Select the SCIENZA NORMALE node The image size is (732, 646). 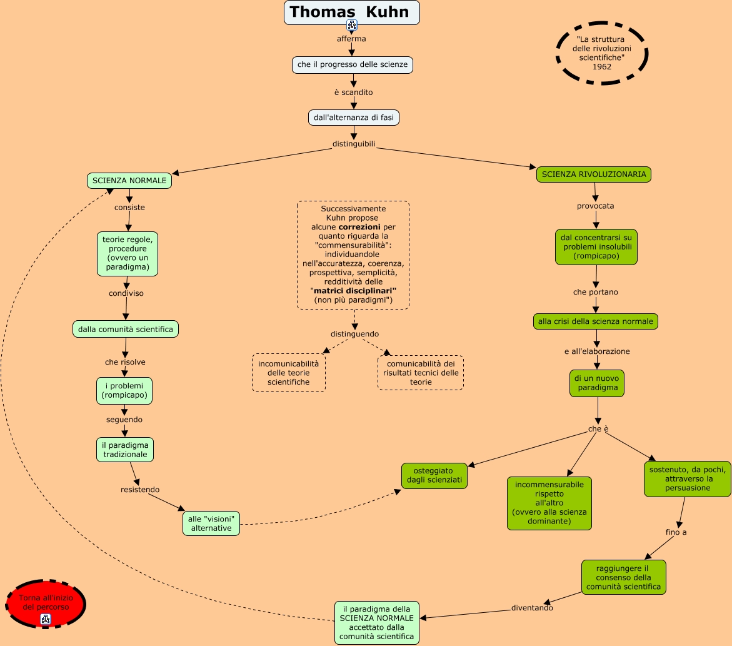tap(129, 181)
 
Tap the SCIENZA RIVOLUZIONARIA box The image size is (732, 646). tap(594, 174)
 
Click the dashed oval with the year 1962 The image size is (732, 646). tap(602, 53)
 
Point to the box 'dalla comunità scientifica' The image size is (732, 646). tap(126, 329)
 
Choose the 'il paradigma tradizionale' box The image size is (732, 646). tap(125, 450)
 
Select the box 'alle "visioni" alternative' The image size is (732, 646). tap(211, 523)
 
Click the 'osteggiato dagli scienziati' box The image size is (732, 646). tap(434, 475)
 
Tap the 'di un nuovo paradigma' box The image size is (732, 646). tap(597, 383)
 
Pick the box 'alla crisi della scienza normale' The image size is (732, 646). tap(595, 321)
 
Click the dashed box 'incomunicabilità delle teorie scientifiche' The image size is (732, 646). tap(289, 373)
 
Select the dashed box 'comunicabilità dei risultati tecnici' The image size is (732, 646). tap(421, 373)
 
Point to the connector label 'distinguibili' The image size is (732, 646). tap(354, 144)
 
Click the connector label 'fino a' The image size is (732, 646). tap(676, 532)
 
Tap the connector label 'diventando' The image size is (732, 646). tap(532, 607)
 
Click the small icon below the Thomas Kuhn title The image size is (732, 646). tap(352, 26)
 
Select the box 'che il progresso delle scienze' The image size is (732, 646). tap(353, 64)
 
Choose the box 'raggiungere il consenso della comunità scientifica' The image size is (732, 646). tap(624, 577)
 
